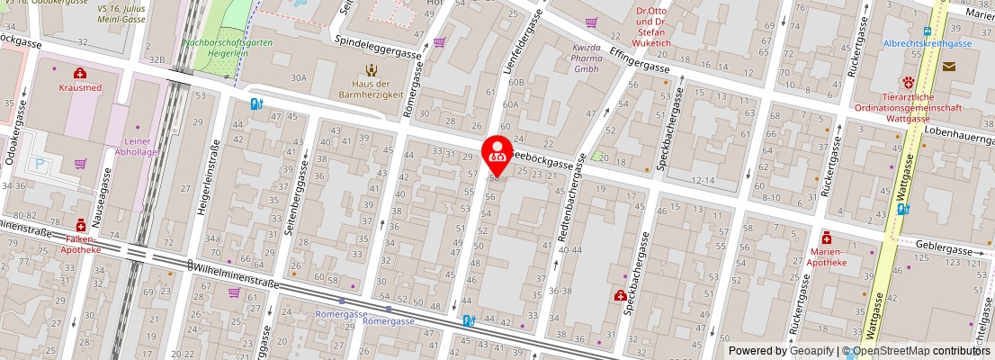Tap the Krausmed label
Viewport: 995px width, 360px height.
coord(80,87)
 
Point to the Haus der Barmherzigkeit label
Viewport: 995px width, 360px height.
coord(369,88)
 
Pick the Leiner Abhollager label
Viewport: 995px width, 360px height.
coord(137,147)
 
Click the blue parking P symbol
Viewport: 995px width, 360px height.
coord(40,165)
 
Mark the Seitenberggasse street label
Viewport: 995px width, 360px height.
coord(291,206)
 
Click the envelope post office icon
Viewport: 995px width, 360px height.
coord(949,66)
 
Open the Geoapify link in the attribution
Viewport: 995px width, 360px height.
coord(811,350)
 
